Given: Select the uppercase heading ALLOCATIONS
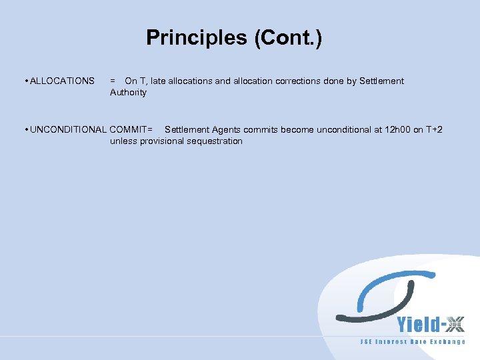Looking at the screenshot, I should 63,81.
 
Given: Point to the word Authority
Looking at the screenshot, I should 128,92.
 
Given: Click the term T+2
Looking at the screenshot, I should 433,129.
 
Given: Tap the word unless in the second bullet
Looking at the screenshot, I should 123,141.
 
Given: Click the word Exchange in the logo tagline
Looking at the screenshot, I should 447,342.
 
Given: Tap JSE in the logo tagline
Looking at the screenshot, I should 366,342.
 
